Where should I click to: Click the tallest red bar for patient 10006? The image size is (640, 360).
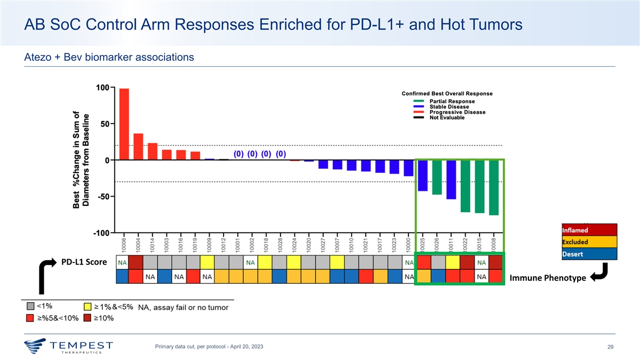point(124,124)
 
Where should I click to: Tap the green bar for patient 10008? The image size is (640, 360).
point(493,187)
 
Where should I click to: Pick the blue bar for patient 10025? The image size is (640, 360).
point(422,175)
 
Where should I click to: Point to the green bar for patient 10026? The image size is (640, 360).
point(437,177)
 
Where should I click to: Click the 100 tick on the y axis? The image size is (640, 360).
point(103,87)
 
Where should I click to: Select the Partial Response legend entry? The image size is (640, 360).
point(452,101)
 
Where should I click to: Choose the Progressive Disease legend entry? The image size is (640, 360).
point(458,112)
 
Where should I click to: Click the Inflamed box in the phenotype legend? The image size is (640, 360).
point(589,230)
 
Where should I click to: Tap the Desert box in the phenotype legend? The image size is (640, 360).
point(589,253)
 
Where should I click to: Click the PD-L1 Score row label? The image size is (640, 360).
point(84,262)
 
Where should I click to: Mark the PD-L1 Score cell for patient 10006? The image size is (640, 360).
point(123,262)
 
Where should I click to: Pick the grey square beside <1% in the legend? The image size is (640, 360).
point(31,307)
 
